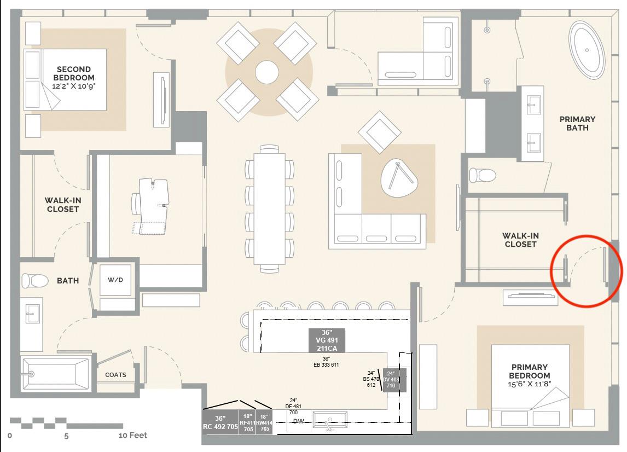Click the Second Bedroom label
click(x=73, y=73)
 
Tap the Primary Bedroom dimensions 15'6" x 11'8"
click(x=530, y=384)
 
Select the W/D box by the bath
click(x=115, y=280)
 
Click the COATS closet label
click(x=115, y=375)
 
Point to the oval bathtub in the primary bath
click(x=587, y=50)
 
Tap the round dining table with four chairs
click(x=267, y=72)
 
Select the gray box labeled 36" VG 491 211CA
click(x=327, y=340)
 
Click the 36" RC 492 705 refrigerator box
click(x=220, y=422)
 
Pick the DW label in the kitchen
click(x=298, y=421)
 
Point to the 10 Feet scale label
click(x=133, y=436)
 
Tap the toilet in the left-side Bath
click(x=34, y=281)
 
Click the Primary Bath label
click(x=577, y=123)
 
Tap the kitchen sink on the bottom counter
click(x=330, y=420)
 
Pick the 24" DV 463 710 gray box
click(x=391, y=379)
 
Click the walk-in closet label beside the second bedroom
click(x=62, y=205)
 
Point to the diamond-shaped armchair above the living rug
click(x=379, y=132)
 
